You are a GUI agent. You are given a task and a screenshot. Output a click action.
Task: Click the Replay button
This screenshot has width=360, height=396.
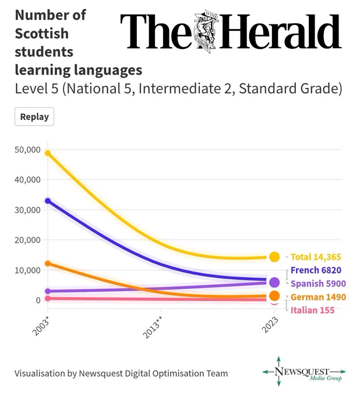click(34, 116)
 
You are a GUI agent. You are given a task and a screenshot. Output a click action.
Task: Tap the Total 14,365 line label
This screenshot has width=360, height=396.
click(316, 257)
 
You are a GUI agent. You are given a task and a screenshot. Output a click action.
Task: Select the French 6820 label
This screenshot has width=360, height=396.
click(316, 270)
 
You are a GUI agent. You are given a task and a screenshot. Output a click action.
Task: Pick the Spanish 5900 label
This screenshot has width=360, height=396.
click(318, 284)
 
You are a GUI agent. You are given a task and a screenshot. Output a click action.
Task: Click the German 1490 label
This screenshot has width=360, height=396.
click(318, 297)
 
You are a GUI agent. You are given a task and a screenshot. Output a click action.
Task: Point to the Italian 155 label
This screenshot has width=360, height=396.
click(312, 310)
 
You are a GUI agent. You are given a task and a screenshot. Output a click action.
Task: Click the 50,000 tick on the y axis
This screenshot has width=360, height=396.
click(27, 150)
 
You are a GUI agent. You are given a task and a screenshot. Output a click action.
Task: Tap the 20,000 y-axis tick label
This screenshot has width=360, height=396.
click(27, 240)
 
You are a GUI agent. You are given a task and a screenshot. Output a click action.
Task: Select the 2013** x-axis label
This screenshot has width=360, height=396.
click(153, 327)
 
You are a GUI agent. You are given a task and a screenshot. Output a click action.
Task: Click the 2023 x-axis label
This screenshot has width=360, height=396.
click(270, 325)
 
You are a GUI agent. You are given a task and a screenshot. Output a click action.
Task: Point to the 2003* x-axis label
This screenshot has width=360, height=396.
click(41, 326)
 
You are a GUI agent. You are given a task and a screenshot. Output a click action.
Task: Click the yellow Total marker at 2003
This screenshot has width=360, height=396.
click(48, 153)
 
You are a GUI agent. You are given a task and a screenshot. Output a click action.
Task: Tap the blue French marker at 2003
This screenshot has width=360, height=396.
click(48, 201)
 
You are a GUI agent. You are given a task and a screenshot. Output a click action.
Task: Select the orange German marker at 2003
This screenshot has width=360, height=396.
click(48, 264)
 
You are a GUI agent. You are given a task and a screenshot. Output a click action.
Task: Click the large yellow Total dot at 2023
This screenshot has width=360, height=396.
click(274, 257)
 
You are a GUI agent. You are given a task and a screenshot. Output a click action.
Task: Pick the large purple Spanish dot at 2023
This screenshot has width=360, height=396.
click(274, 282)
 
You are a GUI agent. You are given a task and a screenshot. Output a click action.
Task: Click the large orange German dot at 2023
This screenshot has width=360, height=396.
click(274, 296)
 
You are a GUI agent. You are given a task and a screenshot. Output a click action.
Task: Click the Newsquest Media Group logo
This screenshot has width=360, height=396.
click(304, 371)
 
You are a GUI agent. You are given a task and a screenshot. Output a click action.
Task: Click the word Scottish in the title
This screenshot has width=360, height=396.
click(42, 34)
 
